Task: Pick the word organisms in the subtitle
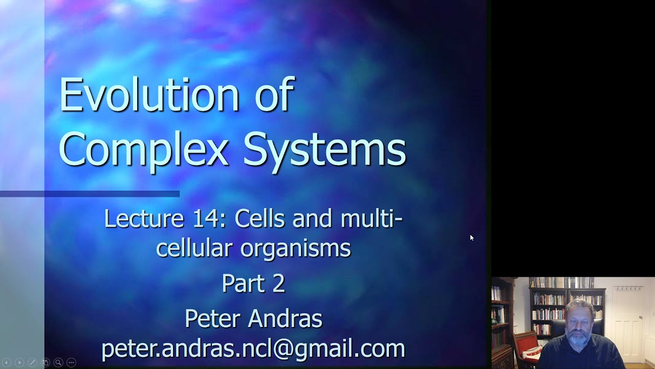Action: [295, 249]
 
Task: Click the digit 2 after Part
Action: [278, 283]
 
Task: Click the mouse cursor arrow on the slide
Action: [471, 237]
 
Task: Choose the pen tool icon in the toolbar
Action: [32, 363]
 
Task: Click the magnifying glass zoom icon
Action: [58, 363]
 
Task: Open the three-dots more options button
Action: [71, 363]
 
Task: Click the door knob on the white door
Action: [641, 318]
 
